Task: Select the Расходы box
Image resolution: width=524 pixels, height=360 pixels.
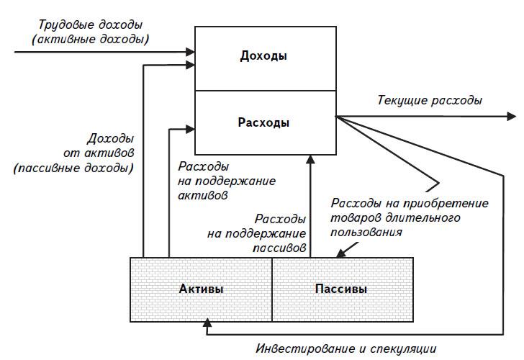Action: coord(264,122)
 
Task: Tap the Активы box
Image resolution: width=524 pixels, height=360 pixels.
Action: coord(201,289)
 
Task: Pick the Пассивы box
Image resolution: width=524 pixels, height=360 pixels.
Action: coord(341,289)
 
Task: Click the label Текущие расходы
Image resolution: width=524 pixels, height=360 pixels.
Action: coord(430,100)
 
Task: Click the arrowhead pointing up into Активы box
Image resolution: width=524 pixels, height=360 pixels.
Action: coord(207,325)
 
